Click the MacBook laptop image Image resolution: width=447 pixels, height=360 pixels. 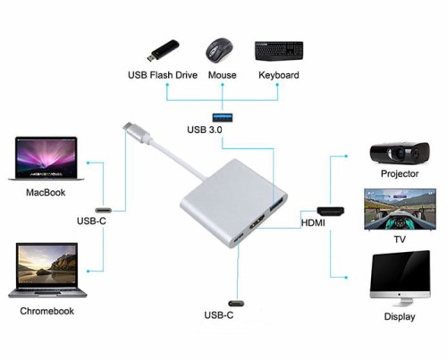click(x=45, y=160)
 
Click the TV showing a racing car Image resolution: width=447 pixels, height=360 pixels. click(x=399, y=210)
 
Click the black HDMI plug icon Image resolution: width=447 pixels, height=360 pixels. click(x=332, y=213)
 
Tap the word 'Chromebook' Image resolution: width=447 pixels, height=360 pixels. click(x=46, y=311)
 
